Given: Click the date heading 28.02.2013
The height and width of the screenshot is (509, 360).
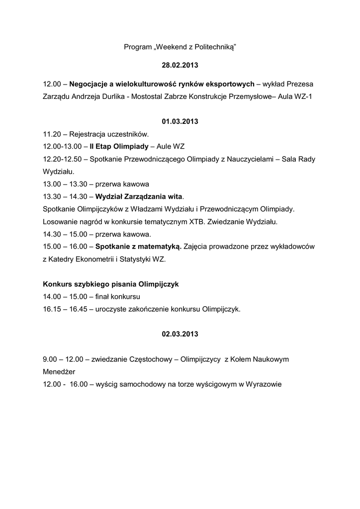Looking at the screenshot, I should (180, 65).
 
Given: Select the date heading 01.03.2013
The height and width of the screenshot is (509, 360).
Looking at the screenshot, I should (180, 121).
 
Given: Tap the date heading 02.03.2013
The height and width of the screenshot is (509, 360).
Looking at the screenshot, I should (180, 334).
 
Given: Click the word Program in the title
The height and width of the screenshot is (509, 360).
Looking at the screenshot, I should (137, 47).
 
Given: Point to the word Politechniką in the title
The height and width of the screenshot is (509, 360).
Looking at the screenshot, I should (215, 47).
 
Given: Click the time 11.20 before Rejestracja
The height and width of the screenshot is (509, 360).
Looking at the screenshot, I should (52, 134).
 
